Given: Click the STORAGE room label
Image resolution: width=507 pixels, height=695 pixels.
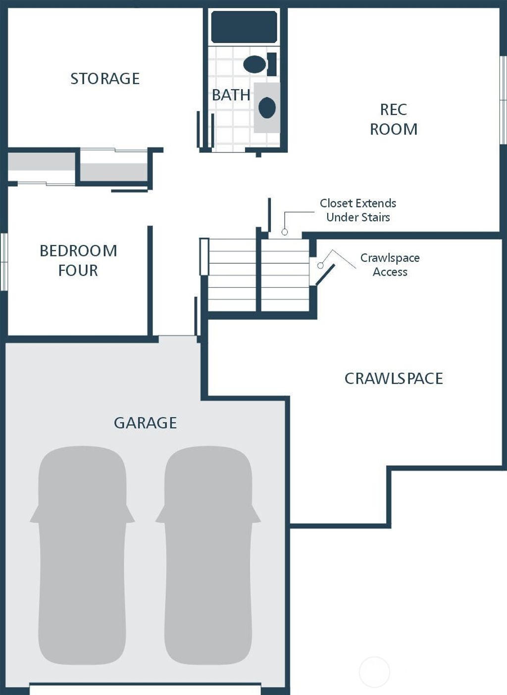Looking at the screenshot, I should tap(105, 79).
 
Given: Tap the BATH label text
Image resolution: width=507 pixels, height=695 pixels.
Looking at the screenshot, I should tap(231, 95).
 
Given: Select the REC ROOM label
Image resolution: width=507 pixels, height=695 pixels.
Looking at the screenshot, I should tap(394, 119).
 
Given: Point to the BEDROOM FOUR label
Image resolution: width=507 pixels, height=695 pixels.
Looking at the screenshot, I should tap(78, 260).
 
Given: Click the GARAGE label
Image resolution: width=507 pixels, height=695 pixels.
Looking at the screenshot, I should tap(145, 423).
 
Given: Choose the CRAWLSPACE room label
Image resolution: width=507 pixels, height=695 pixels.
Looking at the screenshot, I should tap(394, 378).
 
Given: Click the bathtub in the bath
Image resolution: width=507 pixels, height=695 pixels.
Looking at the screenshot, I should tap(244, 27).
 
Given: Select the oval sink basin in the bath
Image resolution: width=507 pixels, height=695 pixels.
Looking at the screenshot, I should tap(267, 107).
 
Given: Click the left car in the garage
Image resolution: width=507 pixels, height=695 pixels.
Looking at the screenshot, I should tap(82, 554).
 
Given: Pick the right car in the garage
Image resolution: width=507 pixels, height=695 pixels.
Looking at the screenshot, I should tap(208, 554).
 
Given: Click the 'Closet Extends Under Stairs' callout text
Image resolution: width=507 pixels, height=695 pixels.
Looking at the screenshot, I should tap(358, 210).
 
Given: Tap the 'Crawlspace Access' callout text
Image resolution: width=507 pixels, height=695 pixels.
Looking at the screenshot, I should tap(390, 265).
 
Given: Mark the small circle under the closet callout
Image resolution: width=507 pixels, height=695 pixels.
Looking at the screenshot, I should tap(285, 232).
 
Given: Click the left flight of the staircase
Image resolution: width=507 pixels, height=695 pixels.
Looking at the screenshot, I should tap(232, 275).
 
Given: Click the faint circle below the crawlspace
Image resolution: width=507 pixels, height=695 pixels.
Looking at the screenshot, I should tap(374, 672).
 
